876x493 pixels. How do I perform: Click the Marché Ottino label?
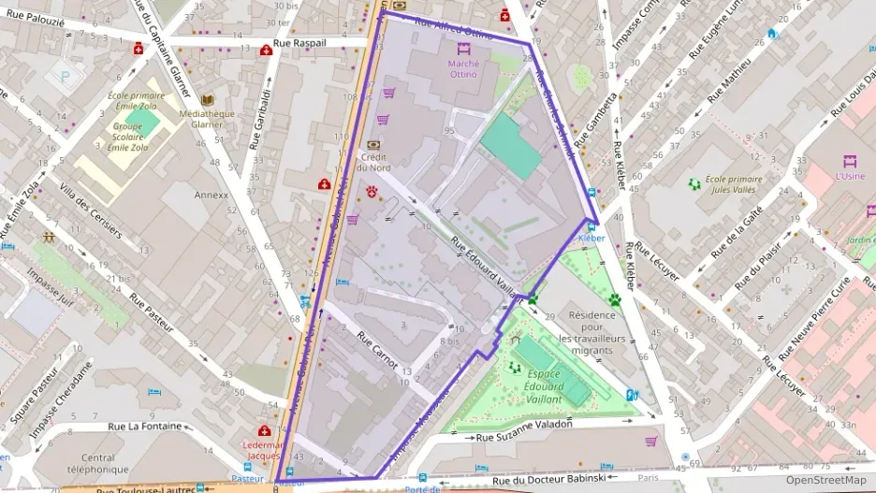point(462,67)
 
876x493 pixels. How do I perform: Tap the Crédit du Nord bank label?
point(374,162)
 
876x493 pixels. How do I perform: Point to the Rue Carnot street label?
point(377,350)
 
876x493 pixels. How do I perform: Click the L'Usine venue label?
point(850,175)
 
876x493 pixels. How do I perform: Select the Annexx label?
point(211,196)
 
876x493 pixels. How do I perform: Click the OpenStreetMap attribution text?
point(825,480)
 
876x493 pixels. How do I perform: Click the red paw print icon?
point(372,192)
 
